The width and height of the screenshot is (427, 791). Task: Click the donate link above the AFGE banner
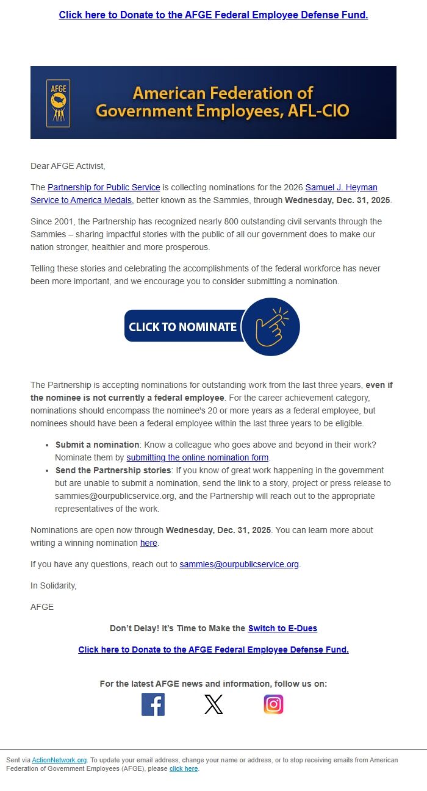pos(213,15)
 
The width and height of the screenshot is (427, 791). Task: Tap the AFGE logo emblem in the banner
pos(59,103)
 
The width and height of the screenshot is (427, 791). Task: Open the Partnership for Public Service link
pos(104,187)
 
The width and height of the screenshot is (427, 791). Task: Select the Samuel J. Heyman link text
pos(341,187)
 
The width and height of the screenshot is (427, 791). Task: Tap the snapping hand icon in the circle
pos(271,327)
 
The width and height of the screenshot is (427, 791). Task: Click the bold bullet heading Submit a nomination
pos(97,445)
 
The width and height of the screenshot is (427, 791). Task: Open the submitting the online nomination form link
pos(198,457)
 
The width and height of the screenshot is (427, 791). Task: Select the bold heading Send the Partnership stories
pos(113,470)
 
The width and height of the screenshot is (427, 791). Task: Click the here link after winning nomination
pos(149,543)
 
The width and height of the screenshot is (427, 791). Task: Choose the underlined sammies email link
pos(239,564)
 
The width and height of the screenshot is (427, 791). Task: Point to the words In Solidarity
pos(54,585)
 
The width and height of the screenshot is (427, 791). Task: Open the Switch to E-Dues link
pos(282,628)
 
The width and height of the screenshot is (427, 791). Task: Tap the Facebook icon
pos(153,704)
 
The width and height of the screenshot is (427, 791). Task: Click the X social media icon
pos(213,704)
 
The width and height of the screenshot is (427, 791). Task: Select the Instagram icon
pos(273,704)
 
